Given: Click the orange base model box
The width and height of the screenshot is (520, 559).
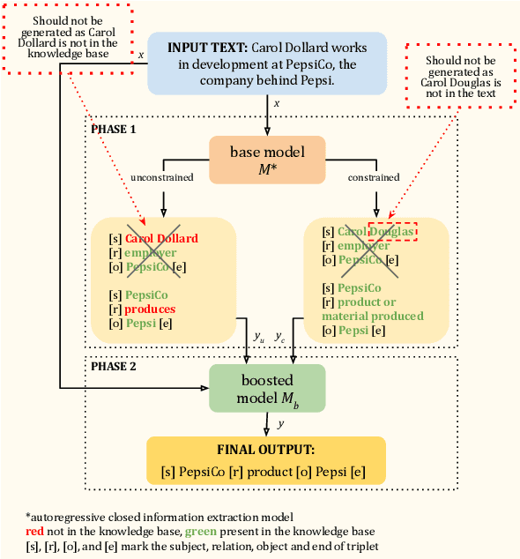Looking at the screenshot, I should pos(266,159).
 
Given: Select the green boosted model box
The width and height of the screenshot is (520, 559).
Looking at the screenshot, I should pos(266,386).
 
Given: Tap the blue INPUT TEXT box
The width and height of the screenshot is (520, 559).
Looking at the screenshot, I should pos(266,63).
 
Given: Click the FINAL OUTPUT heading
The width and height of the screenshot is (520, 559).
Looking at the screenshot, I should pos(265,448).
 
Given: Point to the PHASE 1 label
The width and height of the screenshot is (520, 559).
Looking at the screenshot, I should pos(115,128).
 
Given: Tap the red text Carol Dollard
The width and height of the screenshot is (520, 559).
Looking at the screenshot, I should pos(161,238).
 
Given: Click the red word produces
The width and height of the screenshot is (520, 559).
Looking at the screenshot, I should pos(150,309).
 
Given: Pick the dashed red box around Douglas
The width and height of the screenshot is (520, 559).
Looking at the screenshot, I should pos(392,231).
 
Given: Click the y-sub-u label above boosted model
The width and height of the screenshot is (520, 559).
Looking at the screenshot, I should pos(258,337).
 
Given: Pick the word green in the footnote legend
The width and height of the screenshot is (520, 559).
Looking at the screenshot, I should pos(199,532).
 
